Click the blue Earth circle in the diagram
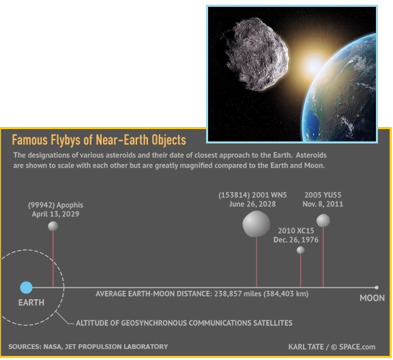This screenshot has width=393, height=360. (x=26, y=288)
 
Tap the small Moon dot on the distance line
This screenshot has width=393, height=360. (x=377, y=288)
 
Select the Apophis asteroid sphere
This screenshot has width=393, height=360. (x=53, y=226)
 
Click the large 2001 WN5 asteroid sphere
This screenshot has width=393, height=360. (x=256, y=224)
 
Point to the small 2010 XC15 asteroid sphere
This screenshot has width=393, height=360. (x=300, y=250)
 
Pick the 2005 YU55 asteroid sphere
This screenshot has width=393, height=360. (x=323, y=220)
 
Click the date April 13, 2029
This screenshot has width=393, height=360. (x=55, y=214)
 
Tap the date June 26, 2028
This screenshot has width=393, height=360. (x=252, y=204)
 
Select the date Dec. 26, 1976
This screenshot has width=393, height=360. (x=295, y=240)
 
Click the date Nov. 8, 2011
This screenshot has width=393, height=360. (x=323, y=204)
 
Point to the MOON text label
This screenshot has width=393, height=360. (x=373, y=298)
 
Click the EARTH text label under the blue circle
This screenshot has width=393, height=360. (x=31, y=303)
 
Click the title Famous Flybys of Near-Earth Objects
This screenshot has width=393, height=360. (x=99, y=140)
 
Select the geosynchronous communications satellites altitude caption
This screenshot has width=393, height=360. (x=184, y=323)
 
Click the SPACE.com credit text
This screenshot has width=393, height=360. (x=357, y=347)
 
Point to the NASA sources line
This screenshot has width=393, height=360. (x=88, y=347)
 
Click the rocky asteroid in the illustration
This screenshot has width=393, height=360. (x=255, y=54)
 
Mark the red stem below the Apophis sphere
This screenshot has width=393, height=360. (x=53, y=259)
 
